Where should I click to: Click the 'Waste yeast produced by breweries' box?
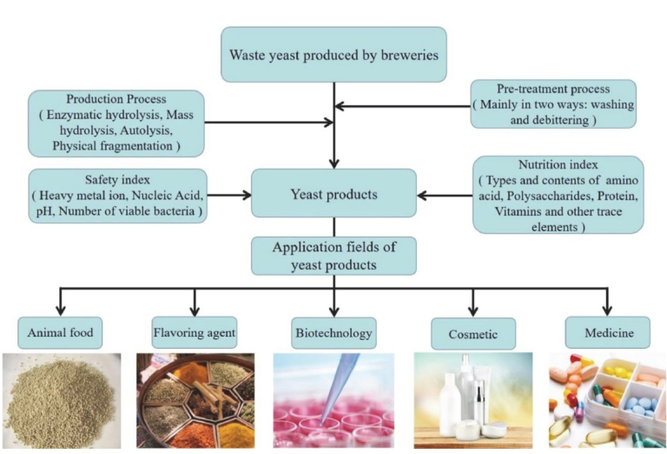[333, 54]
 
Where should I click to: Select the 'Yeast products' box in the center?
[333, 193]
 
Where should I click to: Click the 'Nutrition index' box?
[558, 194]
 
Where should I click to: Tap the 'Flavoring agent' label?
[194, 331]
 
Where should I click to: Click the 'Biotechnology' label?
[333, 332]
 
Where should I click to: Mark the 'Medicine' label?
[607, 331]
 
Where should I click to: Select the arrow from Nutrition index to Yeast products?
[445, 194]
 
